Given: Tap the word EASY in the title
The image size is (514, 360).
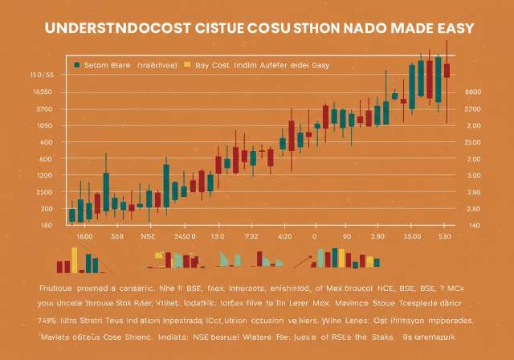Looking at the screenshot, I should [x=455, y=28].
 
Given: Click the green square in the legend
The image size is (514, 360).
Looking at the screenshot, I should [x=76, y=64].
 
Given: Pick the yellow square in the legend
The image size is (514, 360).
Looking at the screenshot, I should [x=187, y=64].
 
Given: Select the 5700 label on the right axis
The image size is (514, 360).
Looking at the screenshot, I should [x=472, y=108].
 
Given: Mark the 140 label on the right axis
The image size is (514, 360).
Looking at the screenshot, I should [x=473, y=226].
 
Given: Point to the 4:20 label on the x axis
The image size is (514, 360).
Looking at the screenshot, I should [x=284, y=237].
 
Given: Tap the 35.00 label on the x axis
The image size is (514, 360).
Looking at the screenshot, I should [x=412, y=237].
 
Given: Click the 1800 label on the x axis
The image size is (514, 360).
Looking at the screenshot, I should [x=84, y=237].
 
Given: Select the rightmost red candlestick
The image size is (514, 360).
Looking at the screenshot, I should [x=447, y=71].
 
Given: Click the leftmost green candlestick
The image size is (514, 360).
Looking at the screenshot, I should [x=71, y=213].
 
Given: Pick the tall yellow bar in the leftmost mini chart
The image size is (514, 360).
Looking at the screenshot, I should [x=75, y=259].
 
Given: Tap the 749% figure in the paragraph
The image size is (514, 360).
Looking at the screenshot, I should [x=47, y=319].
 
